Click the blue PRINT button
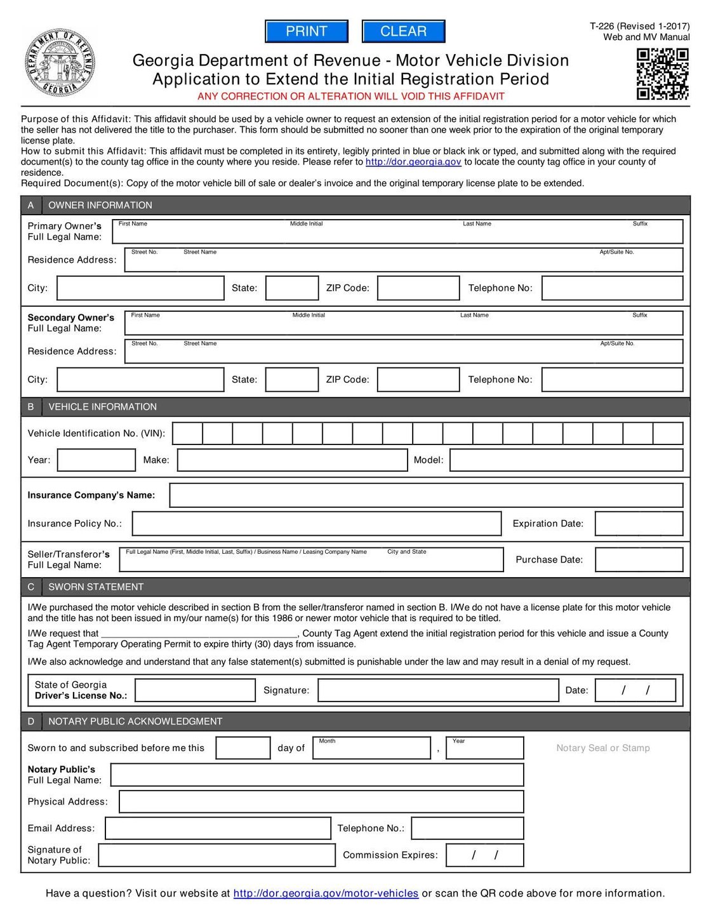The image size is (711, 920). click(307, 31)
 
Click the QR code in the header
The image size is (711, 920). click(662, 74)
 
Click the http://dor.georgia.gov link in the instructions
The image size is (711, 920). click(413, 162)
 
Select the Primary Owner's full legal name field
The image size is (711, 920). click(397, 232)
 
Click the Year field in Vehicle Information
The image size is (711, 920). click(96, 460)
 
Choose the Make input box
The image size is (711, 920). click(292, 460)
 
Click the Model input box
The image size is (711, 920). click(566, 460)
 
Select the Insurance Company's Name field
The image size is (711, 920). click(426, 495)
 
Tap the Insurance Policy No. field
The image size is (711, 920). click(317, 524)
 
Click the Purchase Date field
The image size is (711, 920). click(639, 560)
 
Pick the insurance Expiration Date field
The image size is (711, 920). click(639, 524)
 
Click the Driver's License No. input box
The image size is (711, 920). click(196, 691)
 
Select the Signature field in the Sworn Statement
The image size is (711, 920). click(438, 691)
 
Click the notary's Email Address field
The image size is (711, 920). click(218, 829)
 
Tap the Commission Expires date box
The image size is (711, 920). click(485, 855)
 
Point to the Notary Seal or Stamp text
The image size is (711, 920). click(603, 749)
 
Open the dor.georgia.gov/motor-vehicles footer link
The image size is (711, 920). click(326, 893)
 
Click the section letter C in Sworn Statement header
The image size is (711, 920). click(31, 587)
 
